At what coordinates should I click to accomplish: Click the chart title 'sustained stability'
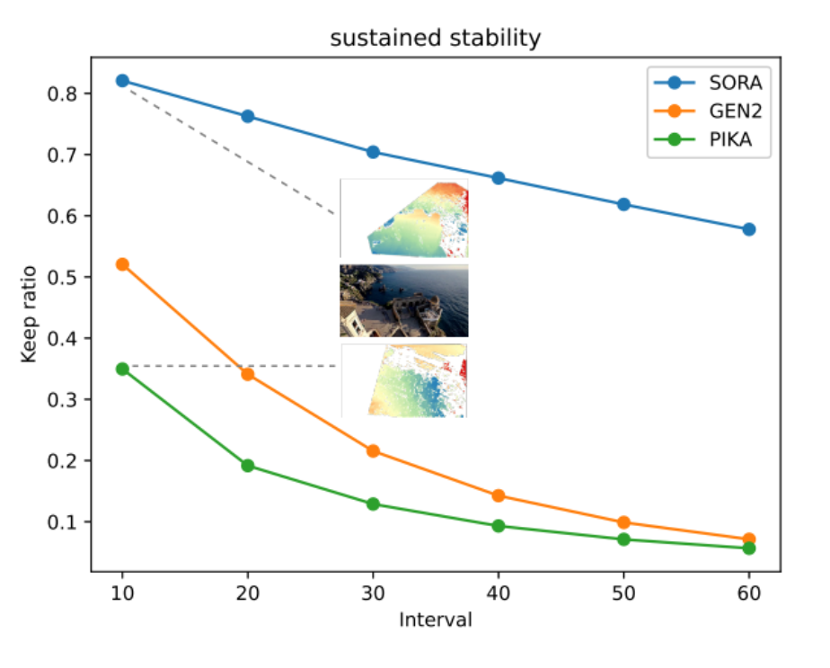click(435, 39)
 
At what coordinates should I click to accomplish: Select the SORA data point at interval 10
click(122, 81)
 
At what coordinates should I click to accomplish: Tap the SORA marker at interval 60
click(748, 229)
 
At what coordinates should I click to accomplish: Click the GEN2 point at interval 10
click(122, 264)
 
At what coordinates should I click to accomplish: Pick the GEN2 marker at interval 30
click(373, 450)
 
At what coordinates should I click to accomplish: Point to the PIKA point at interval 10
click(122, 369)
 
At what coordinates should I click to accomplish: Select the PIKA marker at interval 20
click(247, 466)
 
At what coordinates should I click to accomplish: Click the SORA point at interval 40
click(499, 178)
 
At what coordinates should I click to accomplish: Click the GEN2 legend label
click(736, 111)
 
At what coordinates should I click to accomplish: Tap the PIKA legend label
click(730, 140)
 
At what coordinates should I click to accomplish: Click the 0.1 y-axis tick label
click(62, 522)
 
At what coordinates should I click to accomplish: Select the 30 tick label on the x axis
click(373, 592)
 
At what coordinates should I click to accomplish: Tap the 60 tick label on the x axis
click(748, 592)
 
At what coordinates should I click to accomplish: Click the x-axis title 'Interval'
click(435, 619)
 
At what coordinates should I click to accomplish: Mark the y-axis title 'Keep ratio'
click(29, 314)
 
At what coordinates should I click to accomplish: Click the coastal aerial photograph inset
click(404, 301)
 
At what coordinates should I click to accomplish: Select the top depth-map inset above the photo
click(404, 218)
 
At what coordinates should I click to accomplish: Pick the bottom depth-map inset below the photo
click(404, 380)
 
